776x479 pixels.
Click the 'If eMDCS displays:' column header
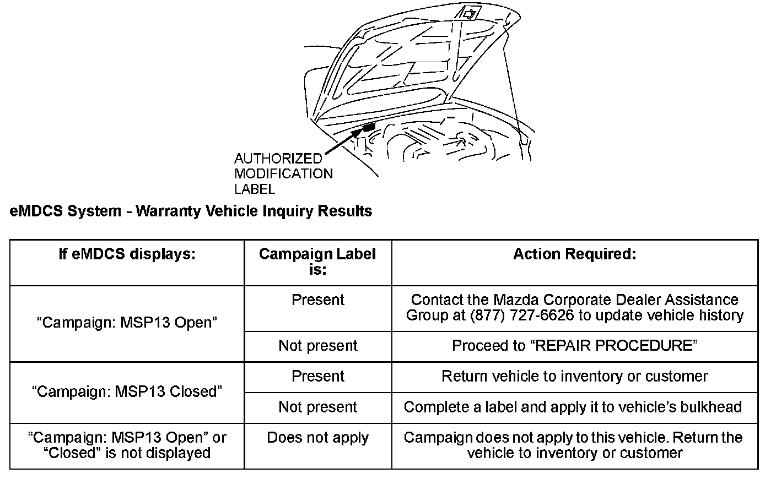pos(127,254)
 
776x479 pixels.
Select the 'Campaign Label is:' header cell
pos(317,262)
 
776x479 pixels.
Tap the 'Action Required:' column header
pos(574,254)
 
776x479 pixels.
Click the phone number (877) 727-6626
pos(522,315)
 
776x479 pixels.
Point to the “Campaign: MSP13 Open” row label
pos(127,323)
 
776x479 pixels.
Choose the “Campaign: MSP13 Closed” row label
pos(127,391)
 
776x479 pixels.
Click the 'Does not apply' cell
pos(317,438)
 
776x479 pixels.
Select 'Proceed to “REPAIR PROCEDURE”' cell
pos(574,346)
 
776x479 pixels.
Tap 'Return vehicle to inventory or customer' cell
pos(574,377)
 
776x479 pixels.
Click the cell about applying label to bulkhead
pos(573,407)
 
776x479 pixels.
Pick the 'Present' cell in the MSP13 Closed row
pos(317,377)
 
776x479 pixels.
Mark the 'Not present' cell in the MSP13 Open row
pos(317,346)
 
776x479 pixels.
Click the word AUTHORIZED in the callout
pos(278,159)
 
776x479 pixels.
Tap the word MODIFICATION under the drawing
pos(283,174)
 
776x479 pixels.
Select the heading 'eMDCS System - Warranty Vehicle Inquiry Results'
pos(191,211)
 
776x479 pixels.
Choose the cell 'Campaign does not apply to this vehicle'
pos(573,445)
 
